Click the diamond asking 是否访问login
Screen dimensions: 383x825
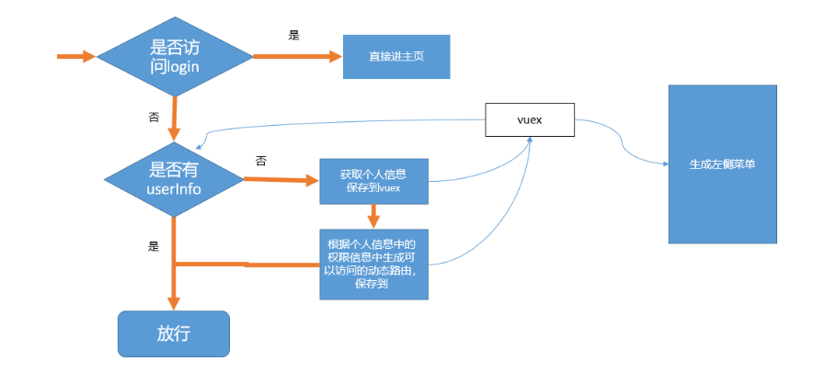[175, 56]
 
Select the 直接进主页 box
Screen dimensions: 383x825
[396, 56]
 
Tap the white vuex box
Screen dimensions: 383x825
[530, 120]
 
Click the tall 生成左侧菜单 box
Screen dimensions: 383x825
[722, 164]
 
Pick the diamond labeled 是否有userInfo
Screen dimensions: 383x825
[175, 178]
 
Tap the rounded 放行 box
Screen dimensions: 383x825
[173, 333]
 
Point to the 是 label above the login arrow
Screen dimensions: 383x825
[294, 35]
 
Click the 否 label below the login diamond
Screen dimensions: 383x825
[154, 118]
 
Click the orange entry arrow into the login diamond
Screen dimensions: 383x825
[76, 57]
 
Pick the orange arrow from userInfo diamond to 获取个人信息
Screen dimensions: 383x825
[281, 180]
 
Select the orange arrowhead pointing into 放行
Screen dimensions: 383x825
[174, 302]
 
